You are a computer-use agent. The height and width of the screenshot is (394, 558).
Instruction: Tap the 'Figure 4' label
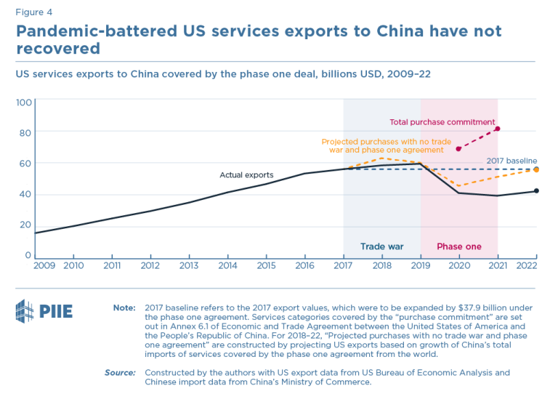click(34, 12)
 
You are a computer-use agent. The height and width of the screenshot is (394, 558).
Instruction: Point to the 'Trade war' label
click(381, 246)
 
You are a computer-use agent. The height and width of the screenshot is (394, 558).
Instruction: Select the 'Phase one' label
click(458, 246)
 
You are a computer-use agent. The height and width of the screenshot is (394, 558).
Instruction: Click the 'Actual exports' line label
click(246, 175)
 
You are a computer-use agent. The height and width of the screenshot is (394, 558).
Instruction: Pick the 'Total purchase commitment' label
click(442, 122)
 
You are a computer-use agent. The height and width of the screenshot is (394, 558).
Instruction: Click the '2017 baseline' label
click(511, 161)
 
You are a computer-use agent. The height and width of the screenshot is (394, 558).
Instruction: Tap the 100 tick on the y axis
click(23, 102)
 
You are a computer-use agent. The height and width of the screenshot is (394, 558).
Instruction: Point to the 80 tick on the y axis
click(25, 132)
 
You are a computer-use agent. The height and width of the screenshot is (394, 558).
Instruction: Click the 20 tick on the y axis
click(25, 225)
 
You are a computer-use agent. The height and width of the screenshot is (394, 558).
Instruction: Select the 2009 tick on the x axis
click(44, 266)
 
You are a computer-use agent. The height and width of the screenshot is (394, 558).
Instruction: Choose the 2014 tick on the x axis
click(228, 266)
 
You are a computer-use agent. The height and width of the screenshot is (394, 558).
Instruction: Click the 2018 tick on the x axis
click(381, 266)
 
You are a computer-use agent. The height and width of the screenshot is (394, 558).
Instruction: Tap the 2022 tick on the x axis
click(526, 266)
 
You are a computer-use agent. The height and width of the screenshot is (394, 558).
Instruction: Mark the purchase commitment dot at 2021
click(498, 129)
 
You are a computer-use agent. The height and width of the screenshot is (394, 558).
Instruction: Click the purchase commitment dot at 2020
click(458, 148)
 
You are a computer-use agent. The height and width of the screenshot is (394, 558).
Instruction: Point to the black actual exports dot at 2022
click(536, 191)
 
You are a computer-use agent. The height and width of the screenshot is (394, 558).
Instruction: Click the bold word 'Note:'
click(124, 308)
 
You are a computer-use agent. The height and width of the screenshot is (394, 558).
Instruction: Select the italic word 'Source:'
click(120, 373)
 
